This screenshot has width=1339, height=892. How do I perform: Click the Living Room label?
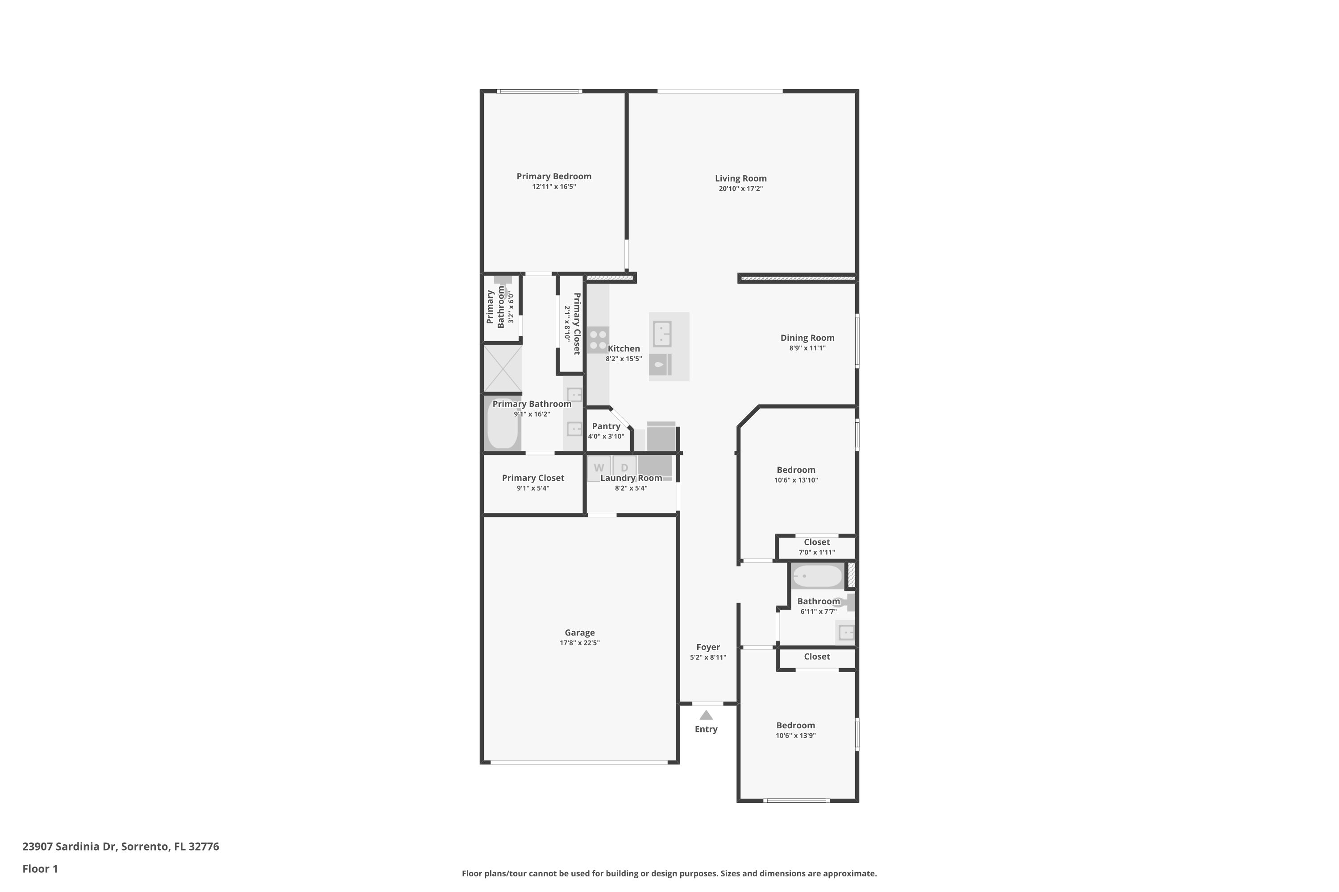pyautogui.click(x=740, y=178)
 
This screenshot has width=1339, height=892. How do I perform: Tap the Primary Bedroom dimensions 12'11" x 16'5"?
pyautogui.click(x=554, y=186)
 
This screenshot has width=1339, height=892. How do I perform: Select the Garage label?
pyautogui.click(x=579, y=632)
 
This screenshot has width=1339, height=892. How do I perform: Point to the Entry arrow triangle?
pyautogui.click(x=706, y=715)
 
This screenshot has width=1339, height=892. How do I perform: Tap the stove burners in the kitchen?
pyautogui.click(x=598, y=339)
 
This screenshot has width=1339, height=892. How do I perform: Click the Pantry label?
pyautogui.click(x=606, y=426)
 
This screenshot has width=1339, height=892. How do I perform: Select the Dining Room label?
pyautogui.click(x=807, y=338)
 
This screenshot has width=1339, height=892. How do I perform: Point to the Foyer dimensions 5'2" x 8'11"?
pyautogui.click(x=708, y=657)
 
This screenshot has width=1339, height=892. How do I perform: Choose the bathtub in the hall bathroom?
pyautogui.click(x=818, y=576)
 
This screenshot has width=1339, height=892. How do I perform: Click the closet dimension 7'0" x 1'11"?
pyautogui.click(x=817, y=553)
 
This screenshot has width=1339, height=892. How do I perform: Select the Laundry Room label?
pyautogui.click(x=632, y=478)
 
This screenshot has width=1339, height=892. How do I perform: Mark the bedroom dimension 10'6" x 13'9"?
pyautogui.click(x=796, y=735)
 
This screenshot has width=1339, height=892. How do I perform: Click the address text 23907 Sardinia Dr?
pyautogui.click(x=70, y=847)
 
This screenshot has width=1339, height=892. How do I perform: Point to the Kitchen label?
pyautogui.click(x=624, y=349)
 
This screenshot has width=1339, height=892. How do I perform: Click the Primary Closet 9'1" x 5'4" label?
pyautogui.click(x=533, y=483)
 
